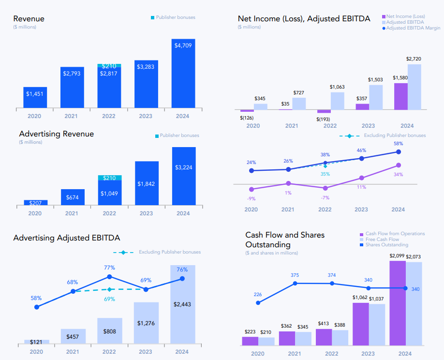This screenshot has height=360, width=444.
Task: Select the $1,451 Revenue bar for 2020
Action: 35,97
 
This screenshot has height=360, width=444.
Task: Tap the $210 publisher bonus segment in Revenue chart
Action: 109,66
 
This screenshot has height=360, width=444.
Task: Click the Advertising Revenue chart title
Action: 57,134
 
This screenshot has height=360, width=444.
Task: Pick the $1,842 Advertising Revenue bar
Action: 147,183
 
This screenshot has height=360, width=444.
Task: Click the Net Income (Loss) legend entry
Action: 405,17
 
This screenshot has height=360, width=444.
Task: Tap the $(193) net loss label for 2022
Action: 324,119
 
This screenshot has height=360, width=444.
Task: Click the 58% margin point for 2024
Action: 399,152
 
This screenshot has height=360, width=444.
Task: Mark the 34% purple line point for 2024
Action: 399,165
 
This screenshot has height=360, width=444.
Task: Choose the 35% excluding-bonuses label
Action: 325,174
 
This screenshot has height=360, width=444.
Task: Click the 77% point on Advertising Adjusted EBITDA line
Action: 109,277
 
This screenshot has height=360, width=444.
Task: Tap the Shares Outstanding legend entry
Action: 386,245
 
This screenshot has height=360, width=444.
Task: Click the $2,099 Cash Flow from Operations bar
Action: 398,303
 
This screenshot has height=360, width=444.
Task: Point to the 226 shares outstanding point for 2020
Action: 258,303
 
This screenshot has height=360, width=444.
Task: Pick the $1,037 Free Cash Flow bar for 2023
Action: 377,324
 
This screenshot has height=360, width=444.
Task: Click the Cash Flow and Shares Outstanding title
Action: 285,240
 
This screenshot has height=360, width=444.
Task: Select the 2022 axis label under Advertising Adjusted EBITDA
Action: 109,352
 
